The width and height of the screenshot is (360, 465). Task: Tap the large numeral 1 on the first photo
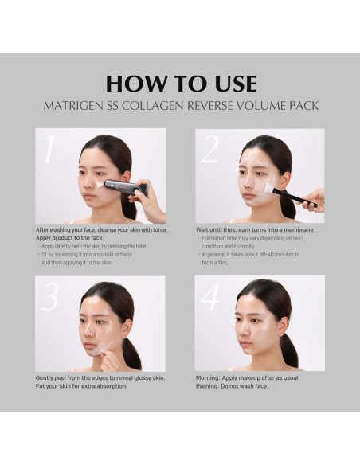50,149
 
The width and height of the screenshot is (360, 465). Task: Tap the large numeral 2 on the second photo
210,149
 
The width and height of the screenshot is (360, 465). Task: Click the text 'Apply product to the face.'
70,238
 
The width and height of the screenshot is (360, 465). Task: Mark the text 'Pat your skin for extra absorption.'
82,386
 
